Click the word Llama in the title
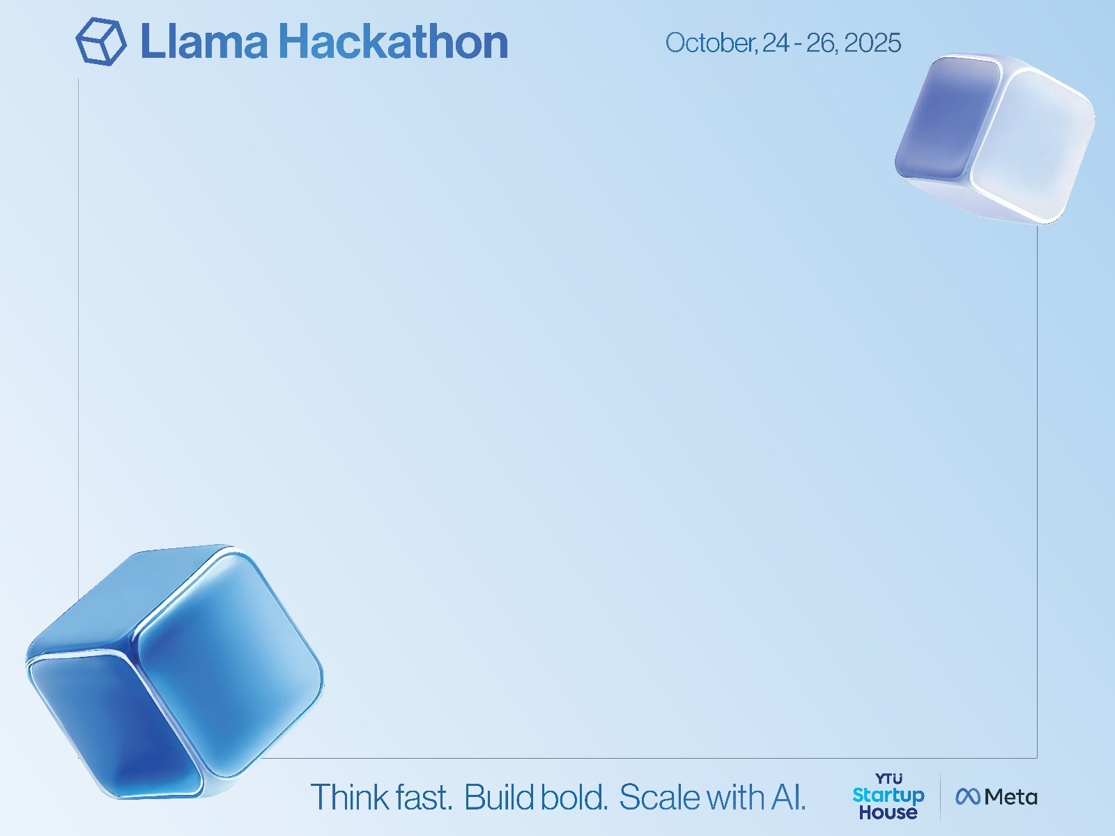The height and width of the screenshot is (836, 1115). tap(204, 42)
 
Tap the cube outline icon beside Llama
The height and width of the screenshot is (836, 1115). tap(101, 41)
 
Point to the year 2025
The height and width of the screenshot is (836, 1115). tap(872, 42)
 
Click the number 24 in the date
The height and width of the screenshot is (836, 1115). tap(776, 42)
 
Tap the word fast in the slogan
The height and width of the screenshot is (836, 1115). tap(424, 797)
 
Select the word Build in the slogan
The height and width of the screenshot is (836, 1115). tap(498, 797)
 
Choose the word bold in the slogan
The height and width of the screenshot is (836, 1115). tap(574, 797)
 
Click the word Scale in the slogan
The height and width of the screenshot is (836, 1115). tap(659, 797)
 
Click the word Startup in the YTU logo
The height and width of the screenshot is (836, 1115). tap(889, 796)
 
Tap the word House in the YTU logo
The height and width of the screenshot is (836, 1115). tap(889, 812)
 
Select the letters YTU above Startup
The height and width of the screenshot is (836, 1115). tap(889, 779)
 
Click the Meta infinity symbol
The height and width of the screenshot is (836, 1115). tap(968, 796)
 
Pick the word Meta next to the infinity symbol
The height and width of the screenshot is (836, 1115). tap(1010, 797)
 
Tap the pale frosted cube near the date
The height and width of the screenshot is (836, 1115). tap(994, 139)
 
